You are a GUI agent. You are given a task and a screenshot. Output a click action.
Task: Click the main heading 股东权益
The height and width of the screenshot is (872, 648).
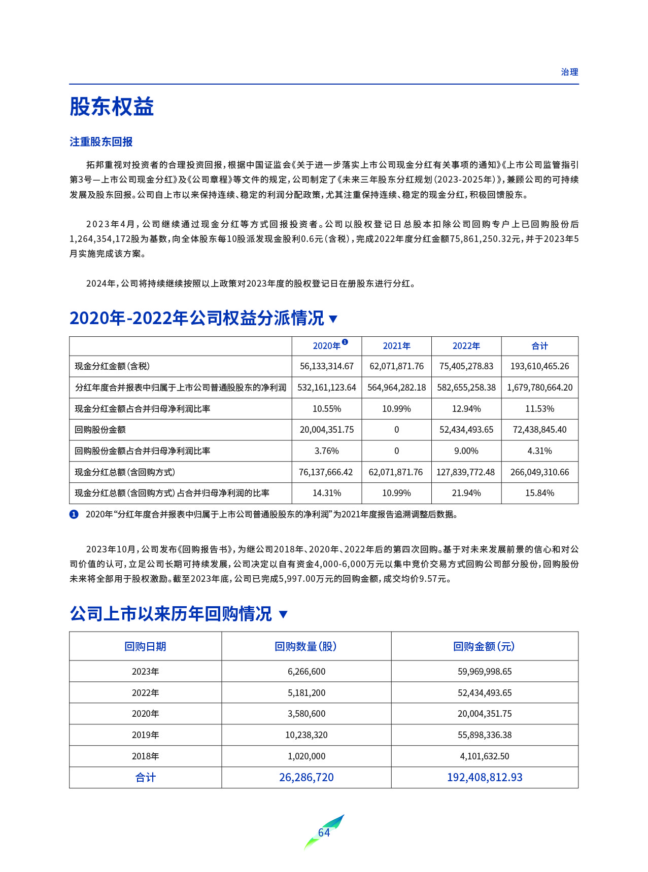[x=112, y=107]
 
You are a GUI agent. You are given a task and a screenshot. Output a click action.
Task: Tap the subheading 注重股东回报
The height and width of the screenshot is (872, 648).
[x=101, y=142]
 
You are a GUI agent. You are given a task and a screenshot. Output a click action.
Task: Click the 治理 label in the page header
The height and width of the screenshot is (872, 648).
[x=569, y=72]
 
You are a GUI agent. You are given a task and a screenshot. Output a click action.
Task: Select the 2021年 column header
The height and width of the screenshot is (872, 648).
[x=396, y=346]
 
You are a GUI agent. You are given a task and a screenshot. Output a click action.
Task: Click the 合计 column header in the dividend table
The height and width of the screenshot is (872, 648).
[x=539, y=346]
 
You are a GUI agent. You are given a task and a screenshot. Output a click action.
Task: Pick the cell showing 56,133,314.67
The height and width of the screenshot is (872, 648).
[x=327, y=366]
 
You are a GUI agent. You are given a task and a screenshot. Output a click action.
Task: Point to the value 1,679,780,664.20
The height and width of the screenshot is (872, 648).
[x=539, y=388]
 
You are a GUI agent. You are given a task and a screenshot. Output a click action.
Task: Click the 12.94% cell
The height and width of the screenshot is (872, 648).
[x=466, y=409]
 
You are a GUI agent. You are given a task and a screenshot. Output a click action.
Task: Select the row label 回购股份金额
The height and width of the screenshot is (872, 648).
[x=100, y=430]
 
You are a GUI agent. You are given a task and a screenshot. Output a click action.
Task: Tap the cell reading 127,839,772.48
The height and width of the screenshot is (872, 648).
[x=466, y=472]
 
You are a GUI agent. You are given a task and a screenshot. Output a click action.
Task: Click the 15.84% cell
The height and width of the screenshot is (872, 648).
[x=539, y=493]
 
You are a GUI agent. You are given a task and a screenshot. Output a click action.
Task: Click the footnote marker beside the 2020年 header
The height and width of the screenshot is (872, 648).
[x=345, y=342]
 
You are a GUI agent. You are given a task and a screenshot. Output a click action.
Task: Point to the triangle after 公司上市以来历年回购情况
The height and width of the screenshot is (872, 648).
[x=284, y=614]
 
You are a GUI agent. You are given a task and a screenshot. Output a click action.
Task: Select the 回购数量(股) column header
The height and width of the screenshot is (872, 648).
[x=306, y=646]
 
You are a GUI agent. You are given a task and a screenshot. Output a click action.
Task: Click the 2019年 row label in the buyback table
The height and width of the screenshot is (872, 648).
[x=145, y=735]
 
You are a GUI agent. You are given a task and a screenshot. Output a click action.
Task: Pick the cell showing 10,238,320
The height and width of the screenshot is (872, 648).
[x=306, y=735]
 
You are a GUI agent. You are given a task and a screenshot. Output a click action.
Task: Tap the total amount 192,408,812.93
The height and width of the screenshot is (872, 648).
[x=485, y=777]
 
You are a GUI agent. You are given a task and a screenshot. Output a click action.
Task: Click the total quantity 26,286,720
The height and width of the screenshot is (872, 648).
[x=306, y=777]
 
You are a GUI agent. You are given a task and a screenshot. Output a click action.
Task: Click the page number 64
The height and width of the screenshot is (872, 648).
[x=324, y=832]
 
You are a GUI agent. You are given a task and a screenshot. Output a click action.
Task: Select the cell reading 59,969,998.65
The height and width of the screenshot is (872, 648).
[x=485, y=672]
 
